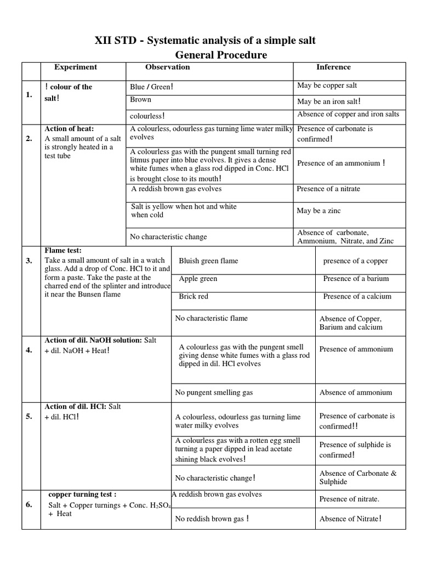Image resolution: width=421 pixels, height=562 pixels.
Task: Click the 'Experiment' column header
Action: [75, 67]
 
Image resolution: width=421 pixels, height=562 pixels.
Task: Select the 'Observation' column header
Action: [167, 67]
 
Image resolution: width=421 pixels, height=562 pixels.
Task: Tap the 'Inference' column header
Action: [333, 67]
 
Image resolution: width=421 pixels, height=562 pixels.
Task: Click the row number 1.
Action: [29, 95]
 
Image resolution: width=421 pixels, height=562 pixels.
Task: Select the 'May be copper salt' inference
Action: [327, 86]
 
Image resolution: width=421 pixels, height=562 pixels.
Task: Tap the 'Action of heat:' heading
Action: [69, 129]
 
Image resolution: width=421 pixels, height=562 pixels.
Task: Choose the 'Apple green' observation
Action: [198, 279]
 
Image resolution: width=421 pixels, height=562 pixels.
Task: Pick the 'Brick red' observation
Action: [194, 296]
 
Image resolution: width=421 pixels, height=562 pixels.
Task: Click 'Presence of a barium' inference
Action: [355, 279]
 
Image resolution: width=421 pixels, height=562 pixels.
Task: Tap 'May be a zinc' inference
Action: [318, 211]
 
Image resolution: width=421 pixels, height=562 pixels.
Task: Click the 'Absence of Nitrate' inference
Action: [350, 519]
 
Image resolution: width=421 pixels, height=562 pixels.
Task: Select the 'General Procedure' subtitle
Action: [221, 55]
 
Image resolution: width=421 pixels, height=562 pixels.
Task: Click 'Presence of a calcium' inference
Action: [357, 296]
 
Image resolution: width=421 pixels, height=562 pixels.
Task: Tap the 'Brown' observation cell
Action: [141, 100]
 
